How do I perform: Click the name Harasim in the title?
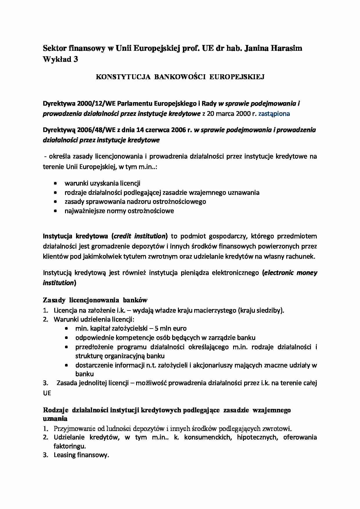click(286, 48)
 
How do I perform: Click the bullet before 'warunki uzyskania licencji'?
click(55, 184)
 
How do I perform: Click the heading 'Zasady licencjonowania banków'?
click(95, 300)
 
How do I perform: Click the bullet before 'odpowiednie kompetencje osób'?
click(66, 338)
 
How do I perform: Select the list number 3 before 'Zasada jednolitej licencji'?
click(45, 383)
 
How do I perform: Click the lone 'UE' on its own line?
click(47, 393)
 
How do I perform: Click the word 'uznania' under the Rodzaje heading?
click(55, 418)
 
